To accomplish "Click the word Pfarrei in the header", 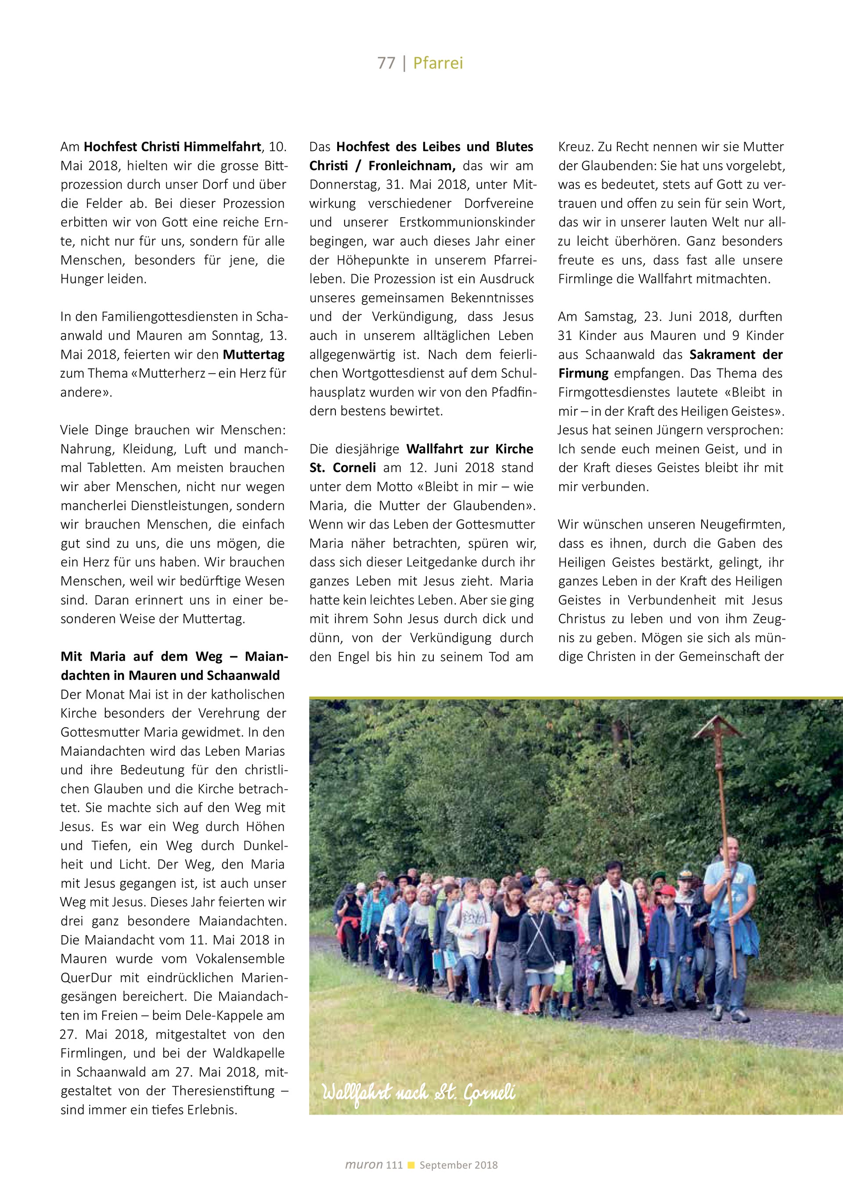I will [438, 63].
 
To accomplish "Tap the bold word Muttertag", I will [254, 355].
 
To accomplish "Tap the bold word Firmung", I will [584, 373].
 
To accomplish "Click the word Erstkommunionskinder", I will [467, 222].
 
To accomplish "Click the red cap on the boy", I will [666, 890].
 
